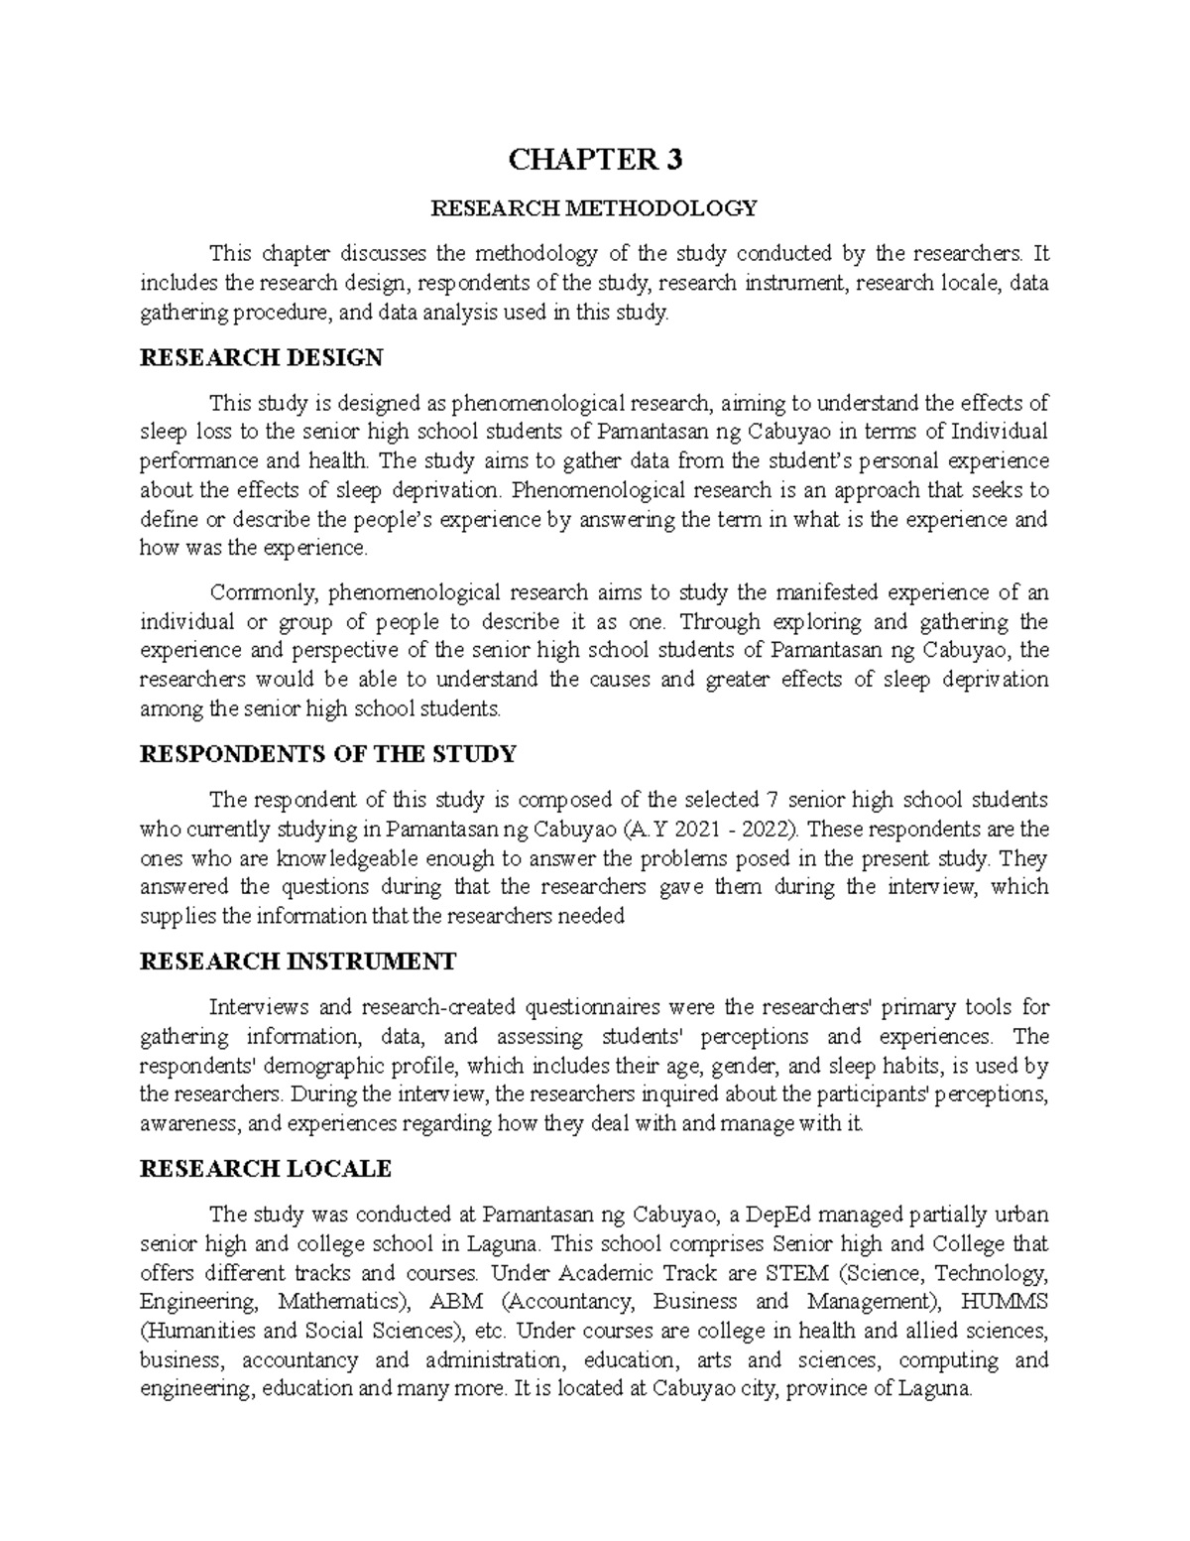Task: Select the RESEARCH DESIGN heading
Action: (262, 357)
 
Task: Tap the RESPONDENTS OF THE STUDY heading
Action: (328, 754)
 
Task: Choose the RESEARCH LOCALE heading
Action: (266, 1168)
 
